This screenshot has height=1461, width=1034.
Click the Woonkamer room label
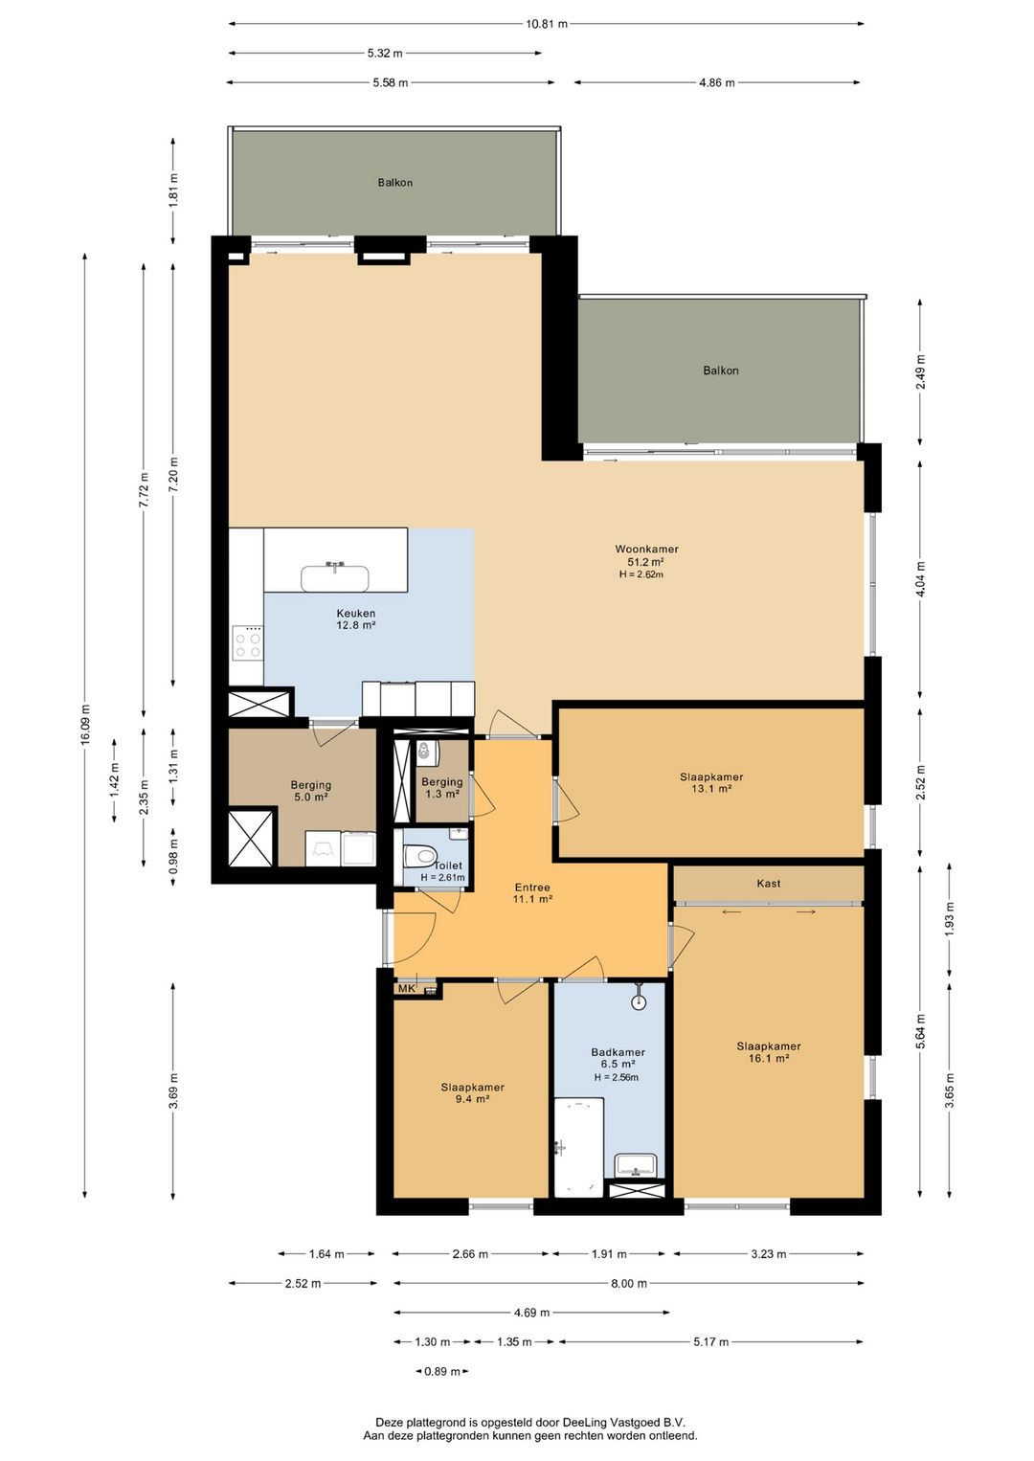click(646, 550)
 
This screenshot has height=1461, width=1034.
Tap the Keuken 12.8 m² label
click(355, 618)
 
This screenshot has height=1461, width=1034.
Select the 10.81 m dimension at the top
click(546, 24)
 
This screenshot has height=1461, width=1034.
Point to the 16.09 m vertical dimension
click(85, 725)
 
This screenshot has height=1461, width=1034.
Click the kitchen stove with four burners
click(248, 643)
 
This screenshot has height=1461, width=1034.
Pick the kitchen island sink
click(335, 577)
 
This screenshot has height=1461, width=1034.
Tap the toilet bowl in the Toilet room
click(418, 854)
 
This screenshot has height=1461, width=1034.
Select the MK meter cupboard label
click(406, 989)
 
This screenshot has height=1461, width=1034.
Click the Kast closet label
click(769, 883)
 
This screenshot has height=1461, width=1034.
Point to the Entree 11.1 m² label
click(532, 893)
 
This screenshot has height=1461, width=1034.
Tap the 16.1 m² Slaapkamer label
click(769, 1052)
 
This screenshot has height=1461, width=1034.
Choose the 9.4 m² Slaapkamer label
click(472, 1092)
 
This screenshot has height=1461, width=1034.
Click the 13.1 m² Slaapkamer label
click(711, 782)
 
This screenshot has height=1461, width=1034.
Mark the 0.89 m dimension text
click(442, 1371)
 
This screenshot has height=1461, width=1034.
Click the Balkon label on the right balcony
click(721, 370)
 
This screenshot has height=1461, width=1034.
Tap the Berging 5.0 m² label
click(310, 791)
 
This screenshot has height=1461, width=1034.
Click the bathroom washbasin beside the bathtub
click(636, 1164)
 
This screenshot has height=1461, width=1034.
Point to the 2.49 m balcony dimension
click(920, 371)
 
